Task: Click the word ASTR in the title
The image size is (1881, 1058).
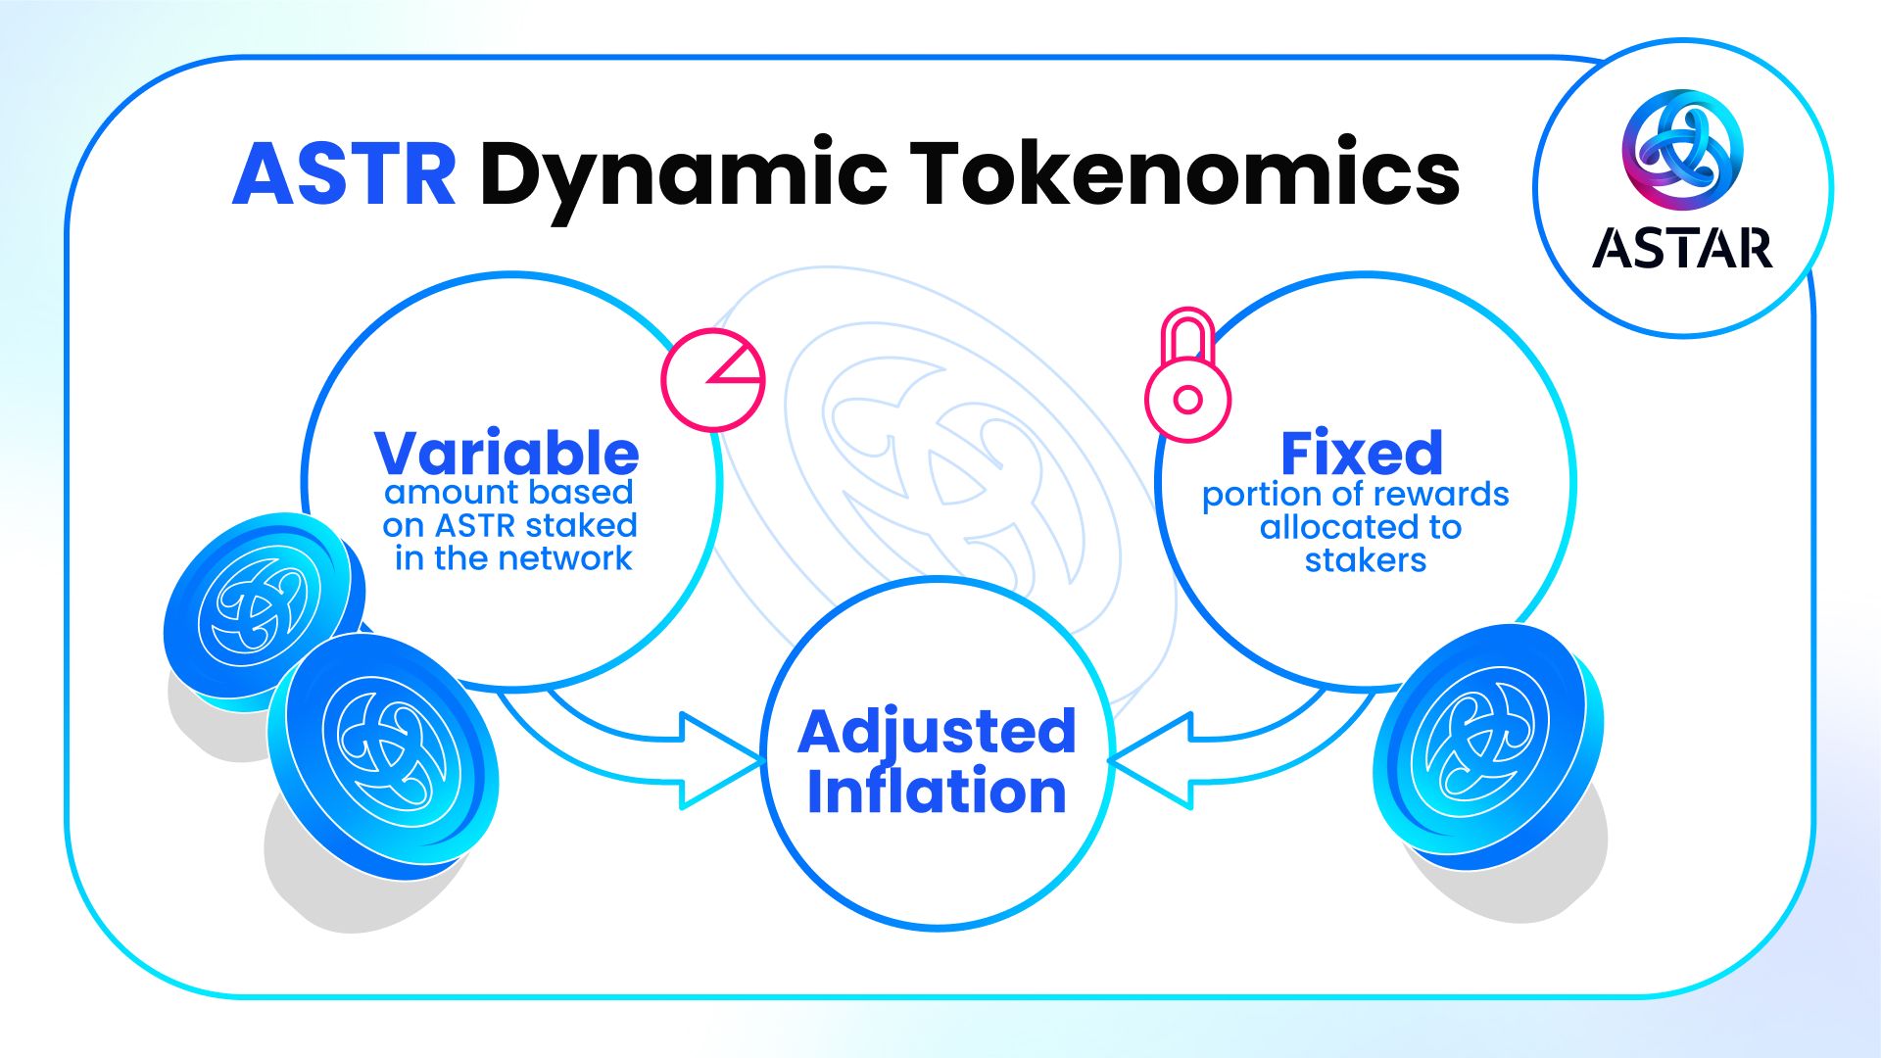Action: [x=344, y=173]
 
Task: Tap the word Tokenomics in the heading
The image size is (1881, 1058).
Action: [x=1184, y=171]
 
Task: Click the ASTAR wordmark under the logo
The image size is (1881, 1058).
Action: [x=1682, y=248]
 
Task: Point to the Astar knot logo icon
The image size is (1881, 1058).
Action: [x=1682, y=150]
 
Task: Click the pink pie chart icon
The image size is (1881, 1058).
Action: [x=713, y=380]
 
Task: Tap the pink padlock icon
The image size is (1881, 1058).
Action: [x=1187, y=375]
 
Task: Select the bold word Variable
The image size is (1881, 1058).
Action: [x=506, y=453]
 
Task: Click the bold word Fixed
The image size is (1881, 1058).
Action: [x=1362, y=453]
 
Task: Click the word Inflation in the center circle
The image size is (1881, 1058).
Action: [x=937, y=792]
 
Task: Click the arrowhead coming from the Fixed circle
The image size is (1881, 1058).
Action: [x=1150, y=760]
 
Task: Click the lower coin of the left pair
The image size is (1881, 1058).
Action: [x=383, y=755]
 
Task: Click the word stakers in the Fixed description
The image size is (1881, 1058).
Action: [x=1365, y=560]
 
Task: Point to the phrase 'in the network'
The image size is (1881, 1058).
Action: [x=513, y=558]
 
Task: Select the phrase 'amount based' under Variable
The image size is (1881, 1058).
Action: [x=508, y=492]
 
